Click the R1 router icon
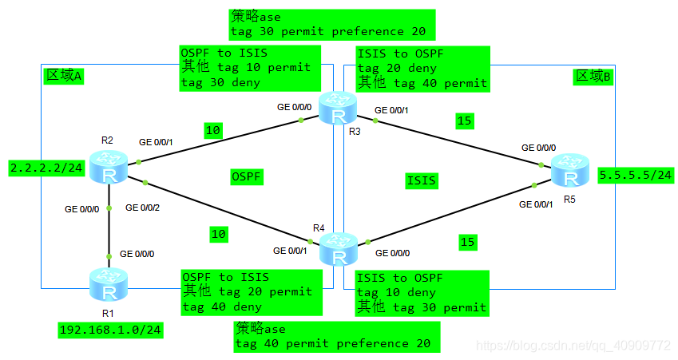[x=109, y=284]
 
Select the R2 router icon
[x=109, y=168]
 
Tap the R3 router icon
[x=338, y=108]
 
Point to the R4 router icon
[x=339, y=249]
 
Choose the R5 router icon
[x=570, y=170]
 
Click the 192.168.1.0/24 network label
[x=111, y=330]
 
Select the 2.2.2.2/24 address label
[x=46, y=168]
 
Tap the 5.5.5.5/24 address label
[x=636, y=175]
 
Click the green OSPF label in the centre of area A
[x=247, y=176]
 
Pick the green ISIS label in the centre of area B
[x=422, y=180]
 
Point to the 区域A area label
[x=64, y=76]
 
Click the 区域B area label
[x=593, y=77]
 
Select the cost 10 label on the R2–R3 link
[x=213, y=130]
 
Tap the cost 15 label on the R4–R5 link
[x=468, y=242]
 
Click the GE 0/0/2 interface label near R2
[x=142, y=208]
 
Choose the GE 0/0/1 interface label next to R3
[x=391, y=110]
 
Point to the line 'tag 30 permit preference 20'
[x=328, y=32]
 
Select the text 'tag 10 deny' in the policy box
[x=396, y=293]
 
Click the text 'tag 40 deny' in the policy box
[x=222, y=307]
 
